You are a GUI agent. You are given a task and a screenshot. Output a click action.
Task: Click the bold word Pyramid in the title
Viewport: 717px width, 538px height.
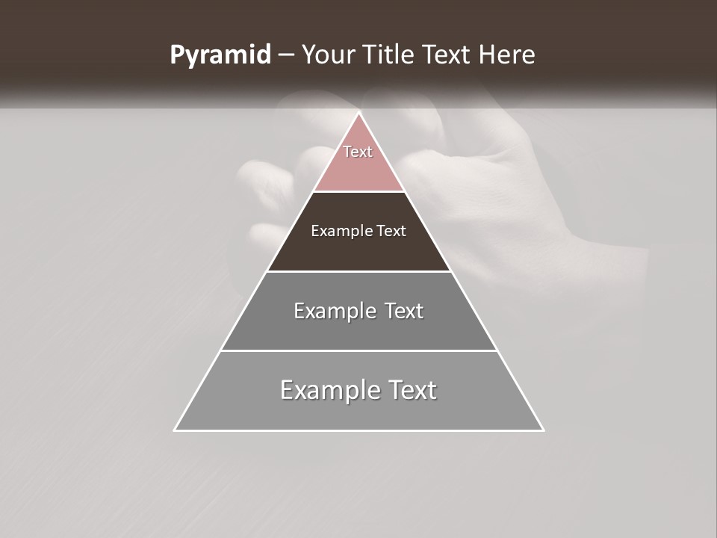click(x=220, y=55)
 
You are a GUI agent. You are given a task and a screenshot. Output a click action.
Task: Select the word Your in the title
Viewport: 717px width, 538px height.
click(x=328, y=55)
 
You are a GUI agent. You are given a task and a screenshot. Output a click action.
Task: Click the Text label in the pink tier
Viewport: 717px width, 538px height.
click(x=358, y=152)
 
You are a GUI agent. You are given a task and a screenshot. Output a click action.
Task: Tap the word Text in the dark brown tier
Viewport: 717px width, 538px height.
click(x=392, y=231)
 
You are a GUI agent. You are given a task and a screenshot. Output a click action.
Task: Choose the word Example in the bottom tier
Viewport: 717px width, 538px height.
click(x=330, y=390)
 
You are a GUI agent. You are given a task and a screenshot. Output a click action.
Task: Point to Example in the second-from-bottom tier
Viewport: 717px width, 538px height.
click(x=334, y=311)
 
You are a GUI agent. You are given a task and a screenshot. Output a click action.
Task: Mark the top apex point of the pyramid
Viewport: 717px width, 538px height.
click(x=359, y=113)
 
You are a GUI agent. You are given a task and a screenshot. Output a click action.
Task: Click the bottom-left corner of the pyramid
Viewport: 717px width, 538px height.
click(x=175, y=430)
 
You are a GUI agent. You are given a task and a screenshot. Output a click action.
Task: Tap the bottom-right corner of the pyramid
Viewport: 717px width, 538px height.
click(x=543, y=430)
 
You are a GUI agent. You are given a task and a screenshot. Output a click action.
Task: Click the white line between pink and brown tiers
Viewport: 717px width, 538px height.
click(x=358, y=191)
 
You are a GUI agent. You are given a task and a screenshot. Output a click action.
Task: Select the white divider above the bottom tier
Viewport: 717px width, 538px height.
click(x=358, y=350)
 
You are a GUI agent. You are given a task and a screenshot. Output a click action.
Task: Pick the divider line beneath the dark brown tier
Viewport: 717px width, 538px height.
click(x=358, y=271)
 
